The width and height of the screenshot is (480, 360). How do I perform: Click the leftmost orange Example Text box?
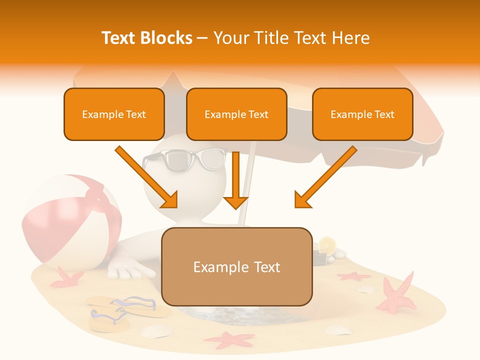click(114, 114)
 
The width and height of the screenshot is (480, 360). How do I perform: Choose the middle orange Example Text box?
click(236, 114)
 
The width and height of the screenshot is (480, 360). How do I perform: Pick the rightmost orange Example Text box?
click(362, 114)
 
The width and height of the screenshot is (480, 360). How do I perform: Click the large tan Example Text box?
click(236, 267)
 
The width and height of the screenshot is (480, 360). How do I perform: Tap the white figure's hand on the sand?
click(131, 270)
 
